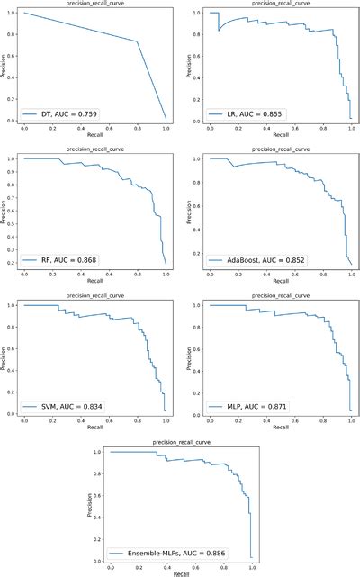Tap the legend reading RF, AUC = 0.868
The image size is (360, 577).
65,260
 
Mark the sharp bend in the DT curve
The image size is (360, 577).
137,41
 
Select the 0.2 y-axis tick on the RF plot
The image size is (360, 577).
13,263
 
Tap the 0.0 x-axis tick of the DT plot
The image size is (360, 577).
24,128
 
